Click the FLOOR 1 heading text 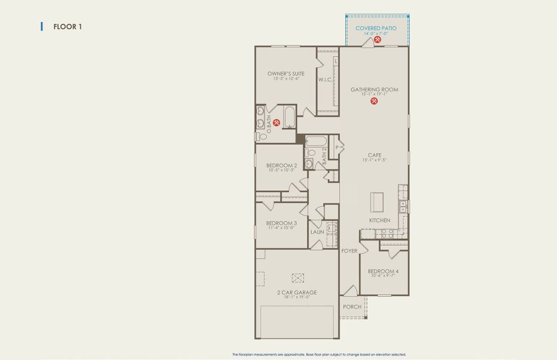(67, 26)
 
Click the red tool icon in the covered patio (378, 40)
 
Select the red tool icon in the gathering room (374, 101)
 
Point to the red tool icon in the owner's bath (277, 122)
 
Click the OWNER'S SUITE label (286, 74)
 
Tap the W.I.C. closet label (326, 79)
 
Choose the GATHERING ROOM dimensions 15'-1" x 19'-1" (374, 94)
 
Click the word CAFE (375, 155)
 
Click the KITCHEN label (380, 220)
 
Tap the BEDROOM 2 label (282, 166)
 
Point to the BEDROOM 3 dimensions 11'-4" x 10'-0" (281, 228)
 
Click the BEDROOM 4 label (383, 271)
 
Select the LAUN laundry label (317, 232)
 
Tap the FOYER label (350, 251)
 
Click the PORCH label (352, 307)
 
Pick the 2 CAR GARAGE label (297, 292)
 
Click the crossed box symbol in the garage (298, 277)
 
